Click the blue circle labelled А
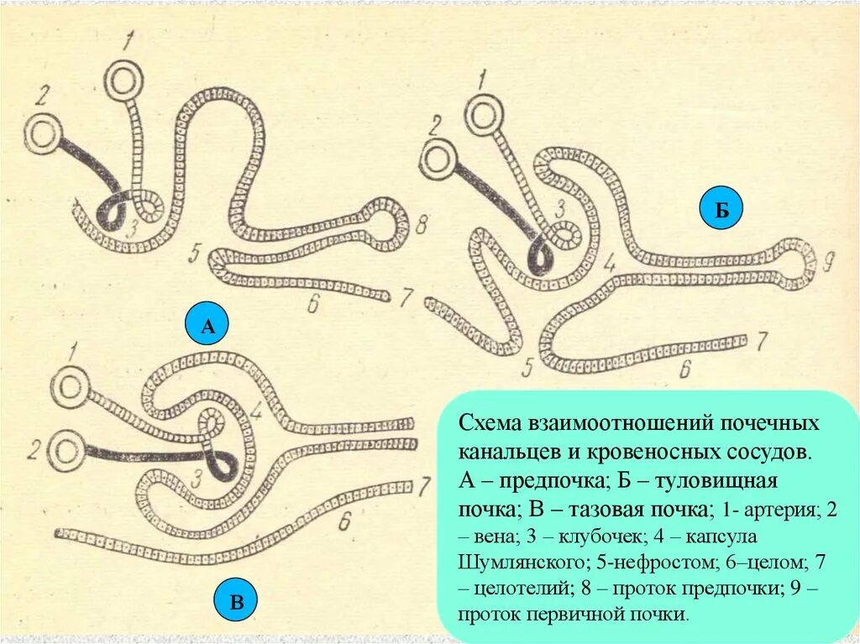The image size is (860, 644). coord(207,327)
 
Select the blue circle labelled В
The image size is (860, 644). coord(237,601)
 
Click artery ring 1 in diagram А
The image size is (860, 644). coord(125,81)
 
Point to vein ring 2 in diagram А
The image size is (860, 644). coord(42,133)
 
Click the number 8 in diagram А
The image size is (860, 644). coord(421,223)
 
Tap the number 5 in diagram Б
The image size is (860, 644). coord(527,366)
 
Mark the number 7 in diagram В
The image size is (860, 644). coord(425,484)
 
